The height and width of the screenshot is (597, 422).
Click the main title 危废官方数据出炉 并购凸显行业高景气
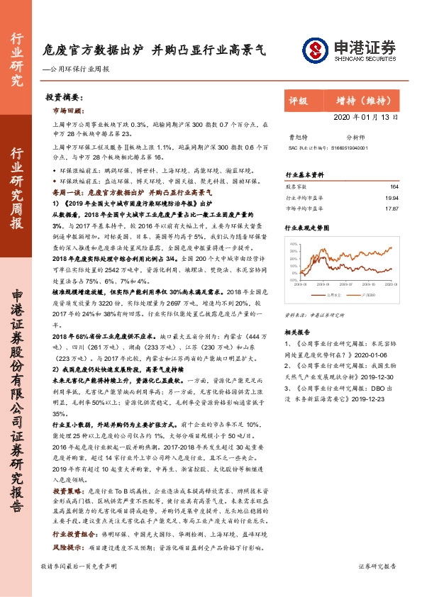click(x=154, y=50)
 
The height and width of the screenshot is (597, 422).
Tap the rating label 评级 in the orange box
click(x=299, y=101)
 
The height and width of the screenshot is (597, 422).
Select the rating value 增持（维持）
click(x=356, y=101)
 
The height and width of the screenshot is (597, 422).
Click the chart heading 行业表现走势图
click(x=307, y=229)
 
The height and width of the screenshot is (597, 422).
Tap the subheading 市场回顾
click(x=69, y=111)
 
